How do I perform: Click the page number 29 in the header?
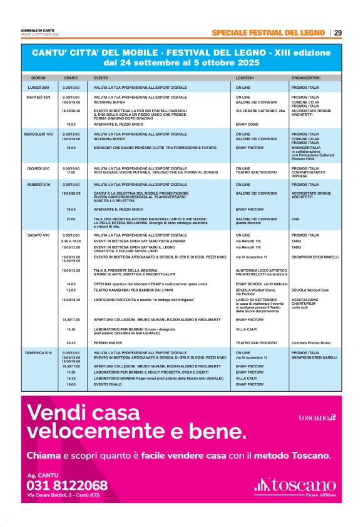[337, 33]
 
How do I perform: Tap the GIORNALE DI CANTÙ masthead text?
[38, 30]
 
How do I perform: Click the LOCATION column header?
[245, 78]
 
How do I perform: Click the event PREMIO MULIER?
[107, 343]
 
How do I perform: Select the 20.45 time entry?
[71, 343]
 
